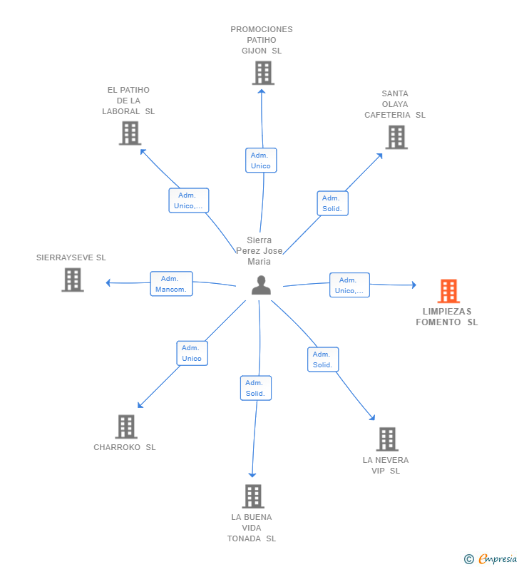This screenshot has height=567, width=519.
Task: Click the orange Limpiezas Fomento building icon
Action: click(x=448, y=291)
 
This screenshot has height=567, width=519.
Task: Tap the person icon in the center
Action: click(x=262, y=285)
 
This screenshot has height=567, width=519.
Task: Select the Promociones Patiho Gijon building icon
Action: click(x=263, y=73)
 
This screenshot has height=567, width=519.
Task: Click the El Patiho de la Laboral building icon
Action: click(x=130, y=133)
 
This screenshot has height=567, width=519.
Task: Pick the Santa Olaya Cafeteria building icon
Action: click(x=396, y=137)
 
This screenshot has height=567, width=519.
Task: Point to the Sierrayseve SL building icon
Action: click(x=73, y=280)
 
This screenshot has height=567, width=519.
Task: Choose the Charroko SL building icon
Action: click(x=126, y=426)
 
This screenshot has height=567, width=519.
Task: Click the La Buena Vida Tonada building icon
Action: click(x=253, y=496)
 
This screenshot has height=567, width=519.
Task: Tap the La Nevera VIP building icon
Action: click(x=387, y=439)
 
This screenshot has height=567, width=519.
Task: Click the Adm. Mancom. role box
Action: click(x=171, y=284)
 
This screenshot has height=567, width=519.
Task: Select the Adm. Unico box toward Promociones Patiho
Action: click(x=261, y=160)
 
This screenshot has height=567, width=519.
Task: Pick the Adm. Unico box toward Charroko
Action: click(x=192, y=353)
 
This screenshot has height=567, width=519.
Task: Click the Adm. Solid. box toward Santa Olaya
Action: click(x=332, y=203)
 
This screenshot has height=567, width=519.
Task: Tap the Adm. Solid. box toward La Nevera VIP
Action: click(x=323, y=359)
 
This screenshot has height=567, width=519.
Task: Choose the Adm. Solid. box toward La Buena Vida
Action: click(x=256, y=388)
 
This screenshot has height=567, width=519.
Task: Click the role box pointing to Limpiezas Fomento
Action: click(x=349, y=285)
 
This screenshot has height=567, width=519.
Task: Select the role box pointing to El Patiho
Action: click(x=189, y=200)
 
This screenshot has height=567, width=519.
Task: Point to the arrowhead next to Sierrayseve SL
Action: click(x=108, y=282)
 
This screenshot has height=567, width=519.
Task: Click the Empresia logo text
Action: click(x=498, y=559)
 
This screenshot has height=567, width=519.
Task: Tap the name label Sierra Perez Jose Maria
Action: click(x=259, y=250)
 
